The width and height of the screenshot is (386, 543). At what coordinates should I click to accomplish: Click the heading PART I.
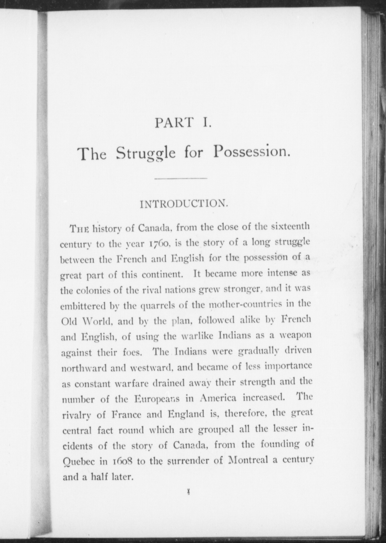tap(183, 123)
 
